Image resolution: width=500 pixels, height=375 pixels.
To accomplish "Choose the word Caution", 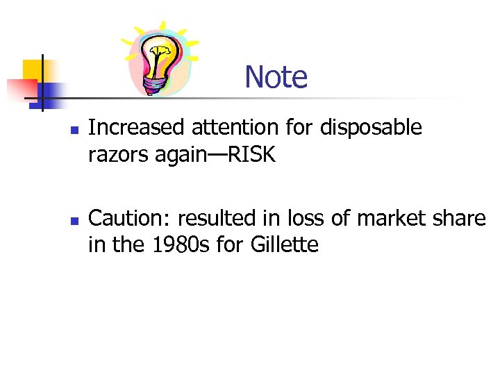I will (x=130, y=218).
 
